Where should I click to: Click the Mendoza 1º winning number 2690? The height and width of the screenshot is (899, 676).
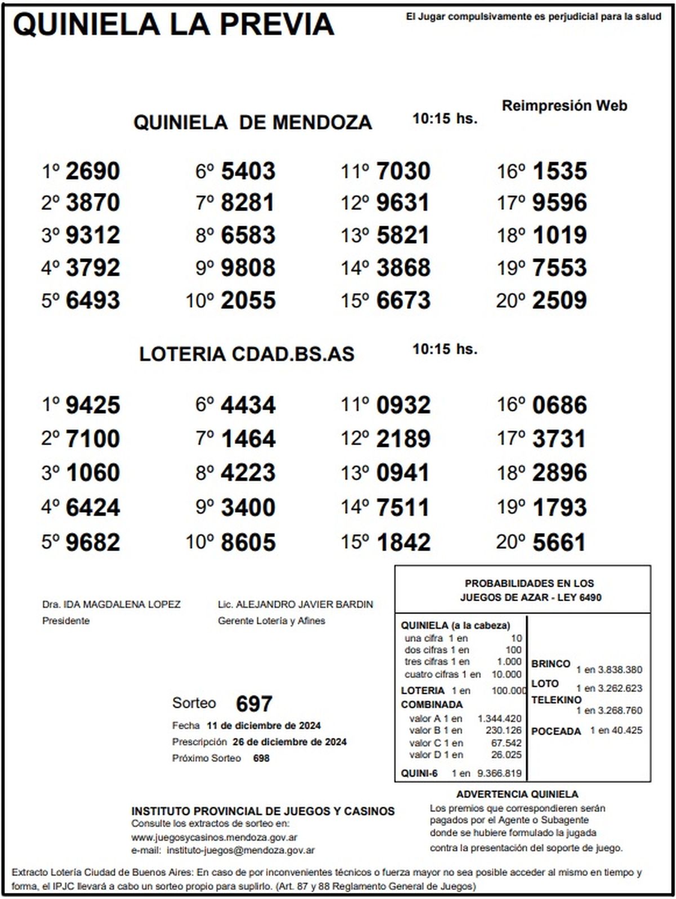click(x=93, y=171)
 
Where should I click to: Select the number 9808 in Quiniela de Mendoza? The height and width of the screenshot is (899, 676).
click(x=248, y=268)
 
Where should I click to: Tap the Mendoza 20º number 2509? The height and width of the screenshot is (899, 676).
click(x=559, y=300)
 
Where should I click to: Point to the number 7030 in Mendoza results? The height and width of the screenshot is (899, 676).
click(x=403, y=171)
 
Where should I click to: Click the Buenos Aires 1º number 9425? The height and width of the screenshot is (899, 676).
click(x=93, y=405)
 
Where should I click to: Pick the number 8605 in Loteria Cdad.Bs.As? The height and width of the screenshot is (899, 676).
click(x=248, y=542)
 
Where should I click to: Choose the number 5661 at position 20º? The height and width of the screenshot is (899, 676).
click(x=559, y=542)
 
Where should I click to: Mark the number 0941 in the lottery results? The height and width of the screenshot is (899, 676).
click(x=403, y=473)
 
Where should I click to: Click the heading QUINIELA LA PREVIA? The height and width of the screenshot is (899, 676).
click(x=174, y=25)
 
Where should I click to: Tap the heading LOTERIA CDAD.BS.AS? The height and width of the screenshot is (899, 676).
click(x=247, y=354)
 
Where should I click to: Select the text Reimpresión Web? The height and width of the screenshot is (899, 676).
click(x=564, y=105)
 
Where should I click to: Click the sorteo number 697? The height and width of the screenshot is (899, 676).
click(x=254, y=703)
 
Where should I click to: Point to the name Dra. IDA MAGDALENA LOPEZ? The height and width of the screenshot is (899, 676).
click(x=112, y=605)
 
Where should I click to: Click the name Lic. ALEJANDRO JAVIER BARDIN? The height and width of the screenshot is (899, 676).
click(x=295, y=605)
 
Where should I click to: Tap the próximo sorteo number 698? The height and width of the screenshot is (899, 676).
click(x=261, y=758)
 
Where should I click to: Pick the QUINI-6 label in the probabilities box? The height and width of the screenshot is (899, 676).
click(x=419, y=773)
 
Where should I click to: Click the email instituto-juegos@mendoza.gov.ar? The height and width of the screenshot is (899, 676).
click(x=241, y=850)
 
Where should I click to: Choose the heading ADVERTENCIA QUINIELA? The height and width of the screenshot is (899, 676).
click(x=517, y=794)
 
